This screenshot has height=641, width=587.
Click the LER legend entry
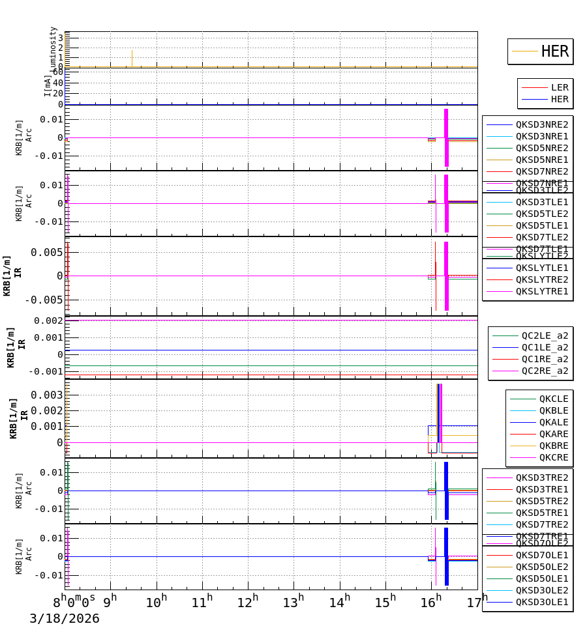(560, 87)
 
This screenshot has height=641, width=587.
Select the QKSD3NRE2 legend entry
(542, 124)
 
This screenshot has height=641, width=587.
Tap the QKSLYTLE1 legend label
(542, 268)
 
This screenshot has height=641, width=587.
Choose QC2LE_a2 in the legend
(545, 335)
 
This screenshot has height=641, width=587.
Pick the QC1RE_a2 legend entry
(545, 359)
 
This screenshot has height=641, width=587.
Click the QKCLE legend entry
(553, 399)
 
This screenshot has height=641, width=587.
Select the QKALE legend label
(553, 422)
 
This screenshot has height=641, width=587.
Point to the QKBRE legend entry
(553, 446)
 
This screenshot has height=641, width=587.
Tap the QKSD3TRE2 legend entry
(542, 477)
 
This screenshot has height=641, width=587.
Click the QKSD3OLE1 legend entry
(542, 602)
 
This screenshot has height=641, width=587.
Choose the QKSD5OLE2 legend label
(542, 567)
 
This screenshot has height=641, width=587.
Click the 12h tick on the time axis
(248, 603)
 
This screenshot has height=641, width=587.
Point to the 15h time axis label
(385, 603)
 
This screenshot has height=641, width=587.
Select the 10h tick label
(157, 603)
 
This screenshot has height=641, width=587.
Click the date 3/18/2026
(65, 619)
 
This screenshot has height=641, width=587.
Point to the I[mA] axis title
(48, 85)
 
